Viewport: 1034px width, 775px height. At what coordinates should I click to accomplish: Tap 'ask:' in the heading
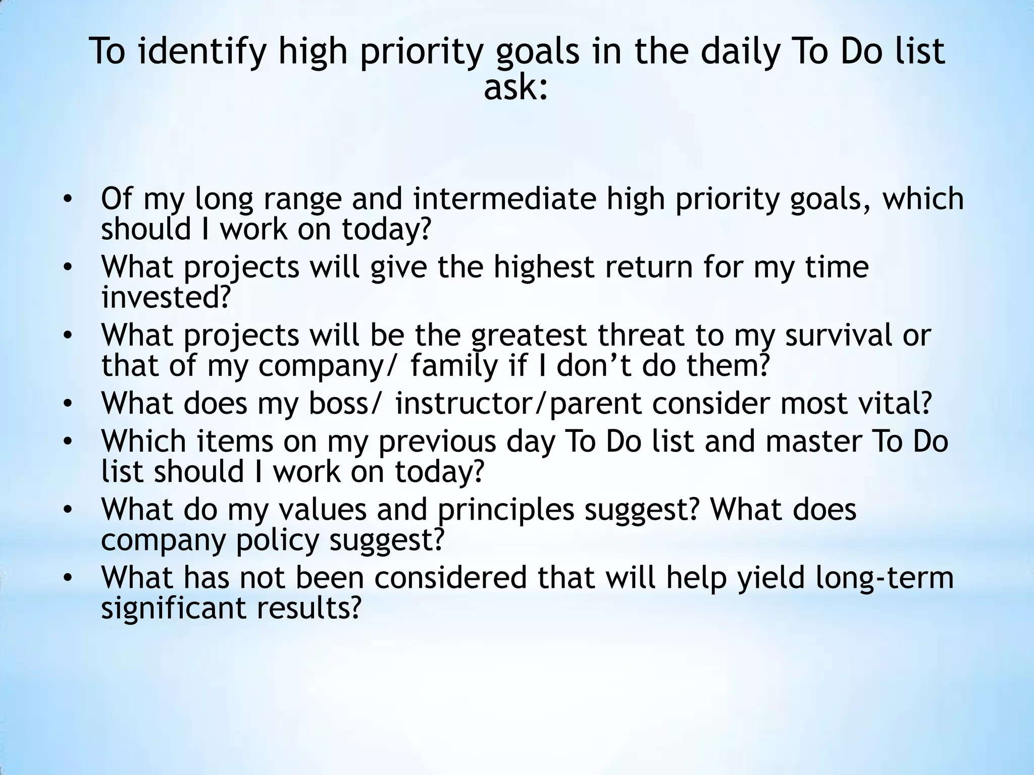(x=515, y=88)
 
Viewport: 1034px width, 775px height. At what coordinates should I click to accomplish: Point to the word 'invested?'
(x=166, y=297)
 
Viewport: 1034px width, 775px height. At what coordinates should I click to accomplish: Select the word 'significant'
(x=173, y=607)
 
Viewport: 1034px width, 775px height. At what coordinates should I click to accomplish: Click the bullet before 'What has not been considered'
(x=69, y=578)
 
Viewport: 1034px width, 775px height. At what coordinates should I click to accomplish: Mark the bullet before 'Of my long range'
(x=69, y=199)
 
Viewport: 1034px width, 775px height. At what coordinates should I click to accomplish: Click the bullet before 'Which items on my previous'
(x=69, y=442)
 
